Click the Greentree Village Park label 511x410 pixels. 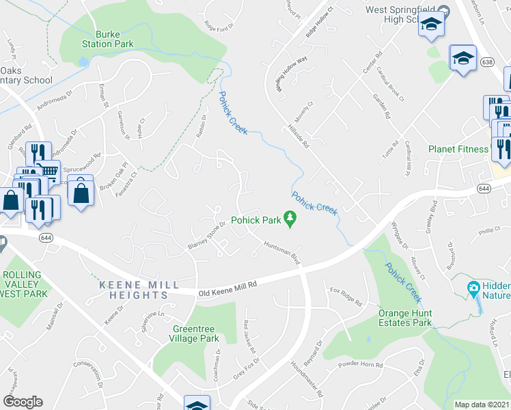pyautogui.click(x=195, y=333)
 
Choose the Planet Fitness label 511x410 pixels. pyautogui.click(x=458, y=149)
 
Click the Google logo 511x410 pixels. pyautogui.click(x=23, y=402)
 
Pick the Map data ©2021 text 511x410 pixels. pyautogui.click(x=482, y=405)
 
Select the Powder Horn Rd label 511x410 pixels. pyautogui.click(x=361, y=365)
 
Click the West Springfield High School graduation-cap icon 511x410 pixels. pyautogui.click(x=431, y=25)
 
